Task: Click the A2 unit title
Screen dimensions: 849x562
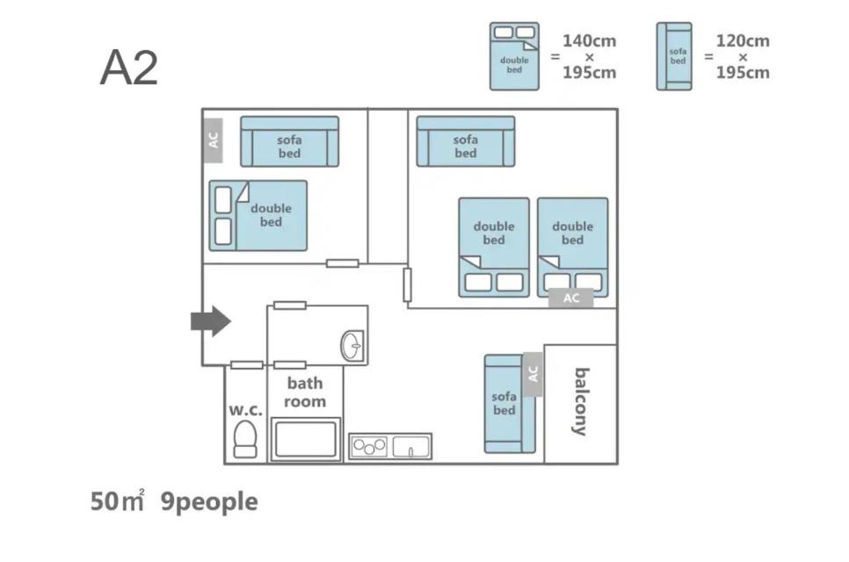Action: click(129, 68)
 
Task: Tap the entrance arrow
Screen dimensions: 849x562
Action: click(211, 321)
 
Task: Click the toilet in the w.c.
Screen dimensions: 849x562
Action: click(244, 439)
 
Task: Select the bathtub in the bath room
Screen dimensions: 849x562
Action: click(305, 439)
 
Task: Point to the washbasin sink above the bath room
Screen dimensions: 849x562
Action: click(352, 346)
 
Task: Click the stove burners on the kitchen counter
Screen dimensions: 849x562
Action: click(369, 447)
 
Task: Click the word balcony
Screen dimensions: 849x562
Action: click(581, 402)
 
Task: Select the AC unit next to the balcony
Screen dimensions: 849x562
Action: click(533, 374)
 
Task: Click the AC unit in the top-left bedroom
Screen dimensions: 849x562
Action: click(213, 140)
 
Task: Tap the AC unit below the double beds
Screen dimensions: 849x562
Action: click(570, 298)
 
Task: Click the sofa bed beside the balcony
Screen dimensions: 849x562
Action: click(510, 404)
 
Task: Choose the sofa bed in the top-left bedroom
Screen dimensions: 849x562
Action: click(290, 141)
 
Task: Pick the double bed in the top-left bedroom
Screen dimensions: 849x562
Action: click(258, 215)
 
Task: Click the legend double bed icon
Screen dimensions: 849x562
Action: click(514, 56)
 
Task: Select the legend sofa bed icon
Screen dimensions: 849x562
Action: click(674, 56)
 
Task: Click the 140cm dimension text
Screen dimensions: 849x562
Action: click(589, 40)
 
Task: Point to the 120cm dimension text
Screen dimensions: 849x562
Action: click(743, 40)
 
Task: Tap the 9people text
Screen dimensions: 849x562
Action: click(209, 502)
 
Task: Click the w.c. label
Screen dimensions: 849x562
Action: click(245, 409)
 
